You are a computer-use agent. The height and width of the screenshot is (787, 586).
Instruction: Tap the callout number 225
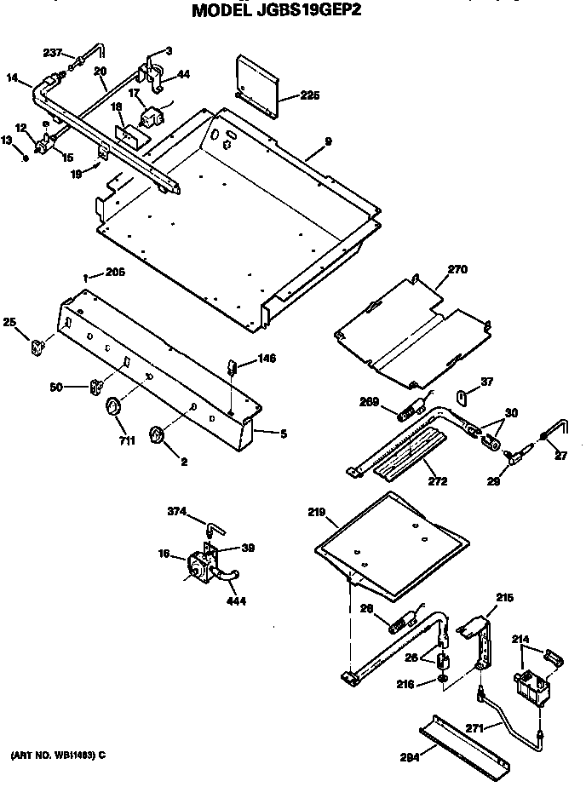click(310, 95)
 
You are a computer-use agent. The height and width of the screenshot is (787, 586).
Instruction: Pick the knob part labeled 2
click(157, 437)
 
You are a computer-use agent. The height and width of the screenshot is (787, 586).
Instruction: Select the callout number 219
click(316, 513)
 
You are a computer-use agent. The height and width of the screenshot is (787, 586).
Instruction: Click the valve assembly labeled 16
click(200, 566)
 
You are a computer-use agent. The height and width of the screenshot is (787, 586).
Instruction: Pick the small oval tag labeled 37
click(462, 396)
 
